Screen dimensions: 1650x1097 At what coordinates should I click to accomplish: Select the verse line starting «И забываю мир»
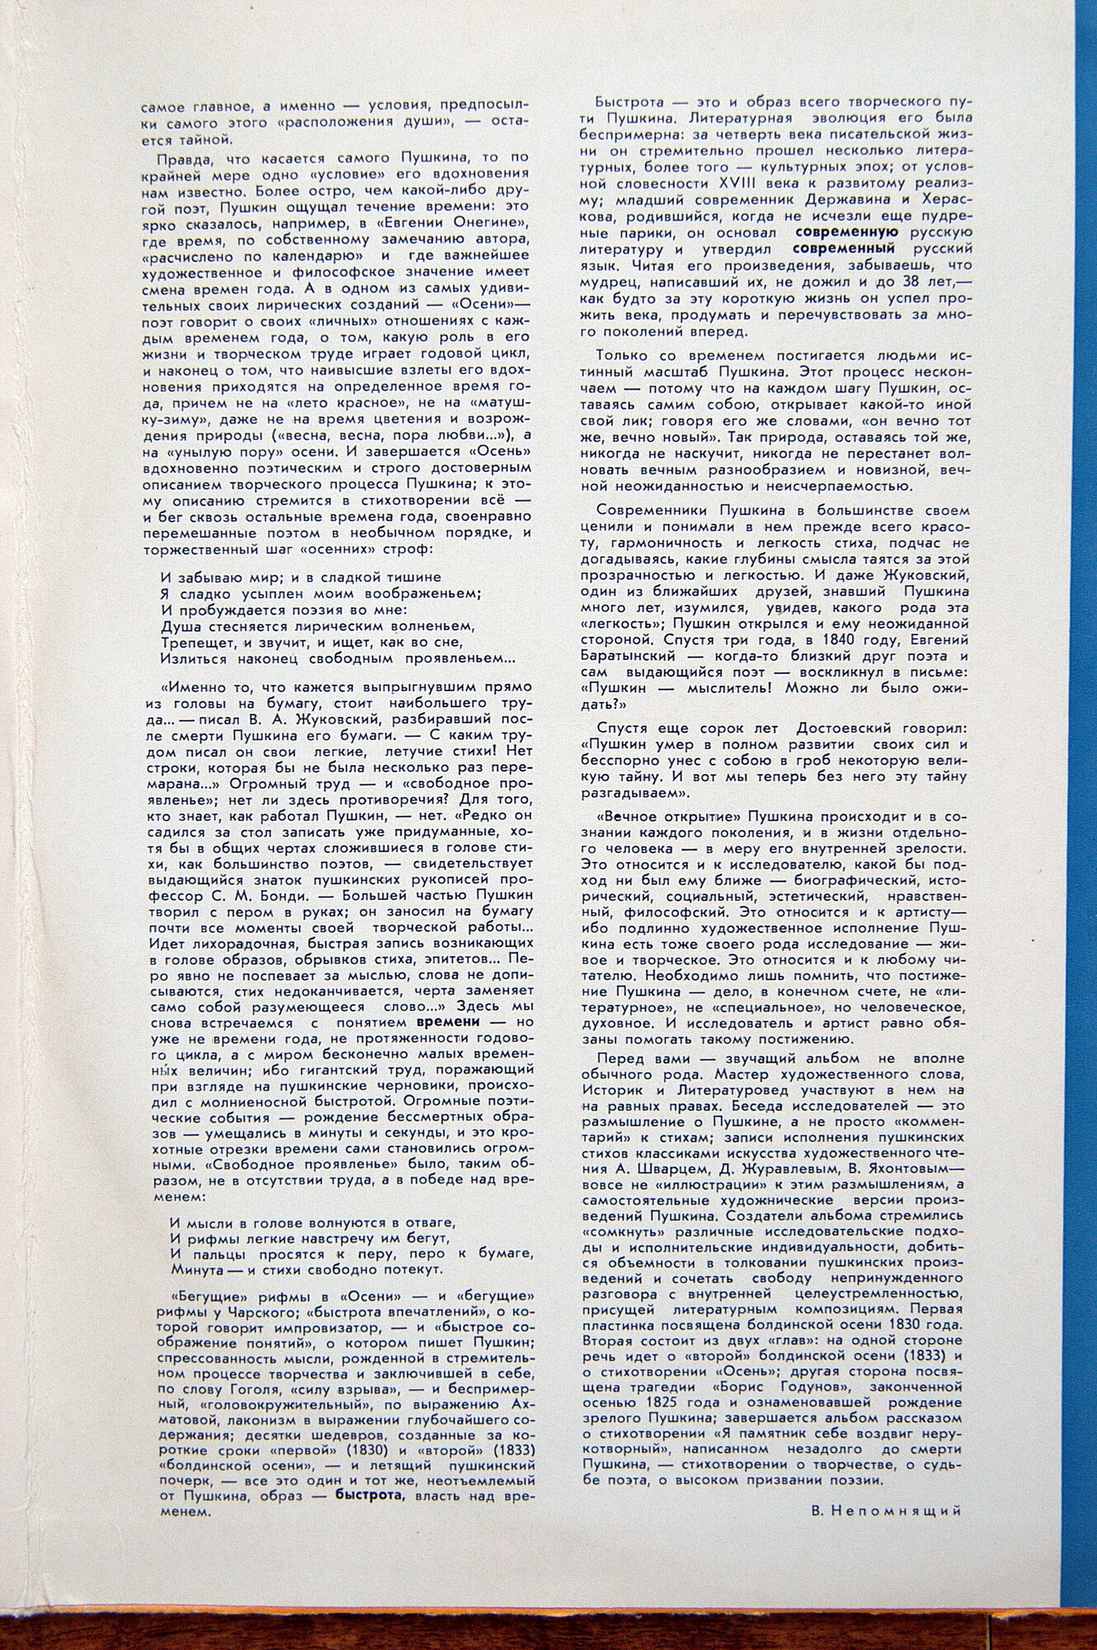(301, 577)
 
